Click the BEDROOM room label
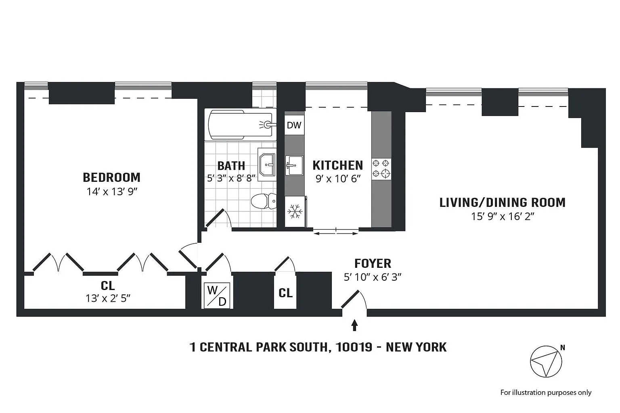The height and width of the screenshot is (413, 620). coord(111,177)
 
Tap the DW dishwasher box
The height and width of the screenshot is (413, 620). coord(294,125)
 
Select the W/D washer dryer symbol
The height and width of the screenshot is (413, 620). coord(217,295)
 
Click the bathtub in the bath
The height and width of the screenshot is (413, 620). coord(240,125)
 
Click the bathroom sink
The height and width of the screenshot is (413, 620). coord(267,165)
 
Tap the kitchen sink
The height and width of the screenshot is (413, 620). coord(294,165)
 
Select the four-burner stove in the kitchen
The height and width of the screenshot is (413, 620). coord(381,169)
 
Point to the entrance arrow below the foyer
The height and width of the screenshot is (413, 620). coord(354,325)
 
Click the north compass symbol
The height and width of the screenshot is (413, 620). coord(547,361)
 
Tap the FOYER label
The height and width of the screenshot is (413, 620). coord(373,264)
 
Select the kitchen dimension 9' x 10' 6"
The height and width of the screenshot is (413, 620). coord(338,179)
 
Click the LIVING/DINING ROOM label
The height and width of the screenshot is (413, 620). coord(503,203)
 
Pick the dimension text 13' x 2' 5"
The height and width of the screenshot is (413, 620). coord(108,298)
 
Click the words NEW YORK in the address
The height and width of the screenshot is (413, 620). coord(416,347)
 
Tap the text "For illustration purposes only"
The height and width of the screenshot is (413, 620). coord(546,392)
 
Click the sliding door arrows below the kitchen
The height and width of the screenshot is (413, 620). coord(336,234)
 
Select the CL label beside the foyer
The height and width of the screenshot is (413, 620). coord(285,293)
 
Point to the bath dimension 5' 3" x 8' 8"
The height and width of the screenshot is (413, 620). coord(231,178)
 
